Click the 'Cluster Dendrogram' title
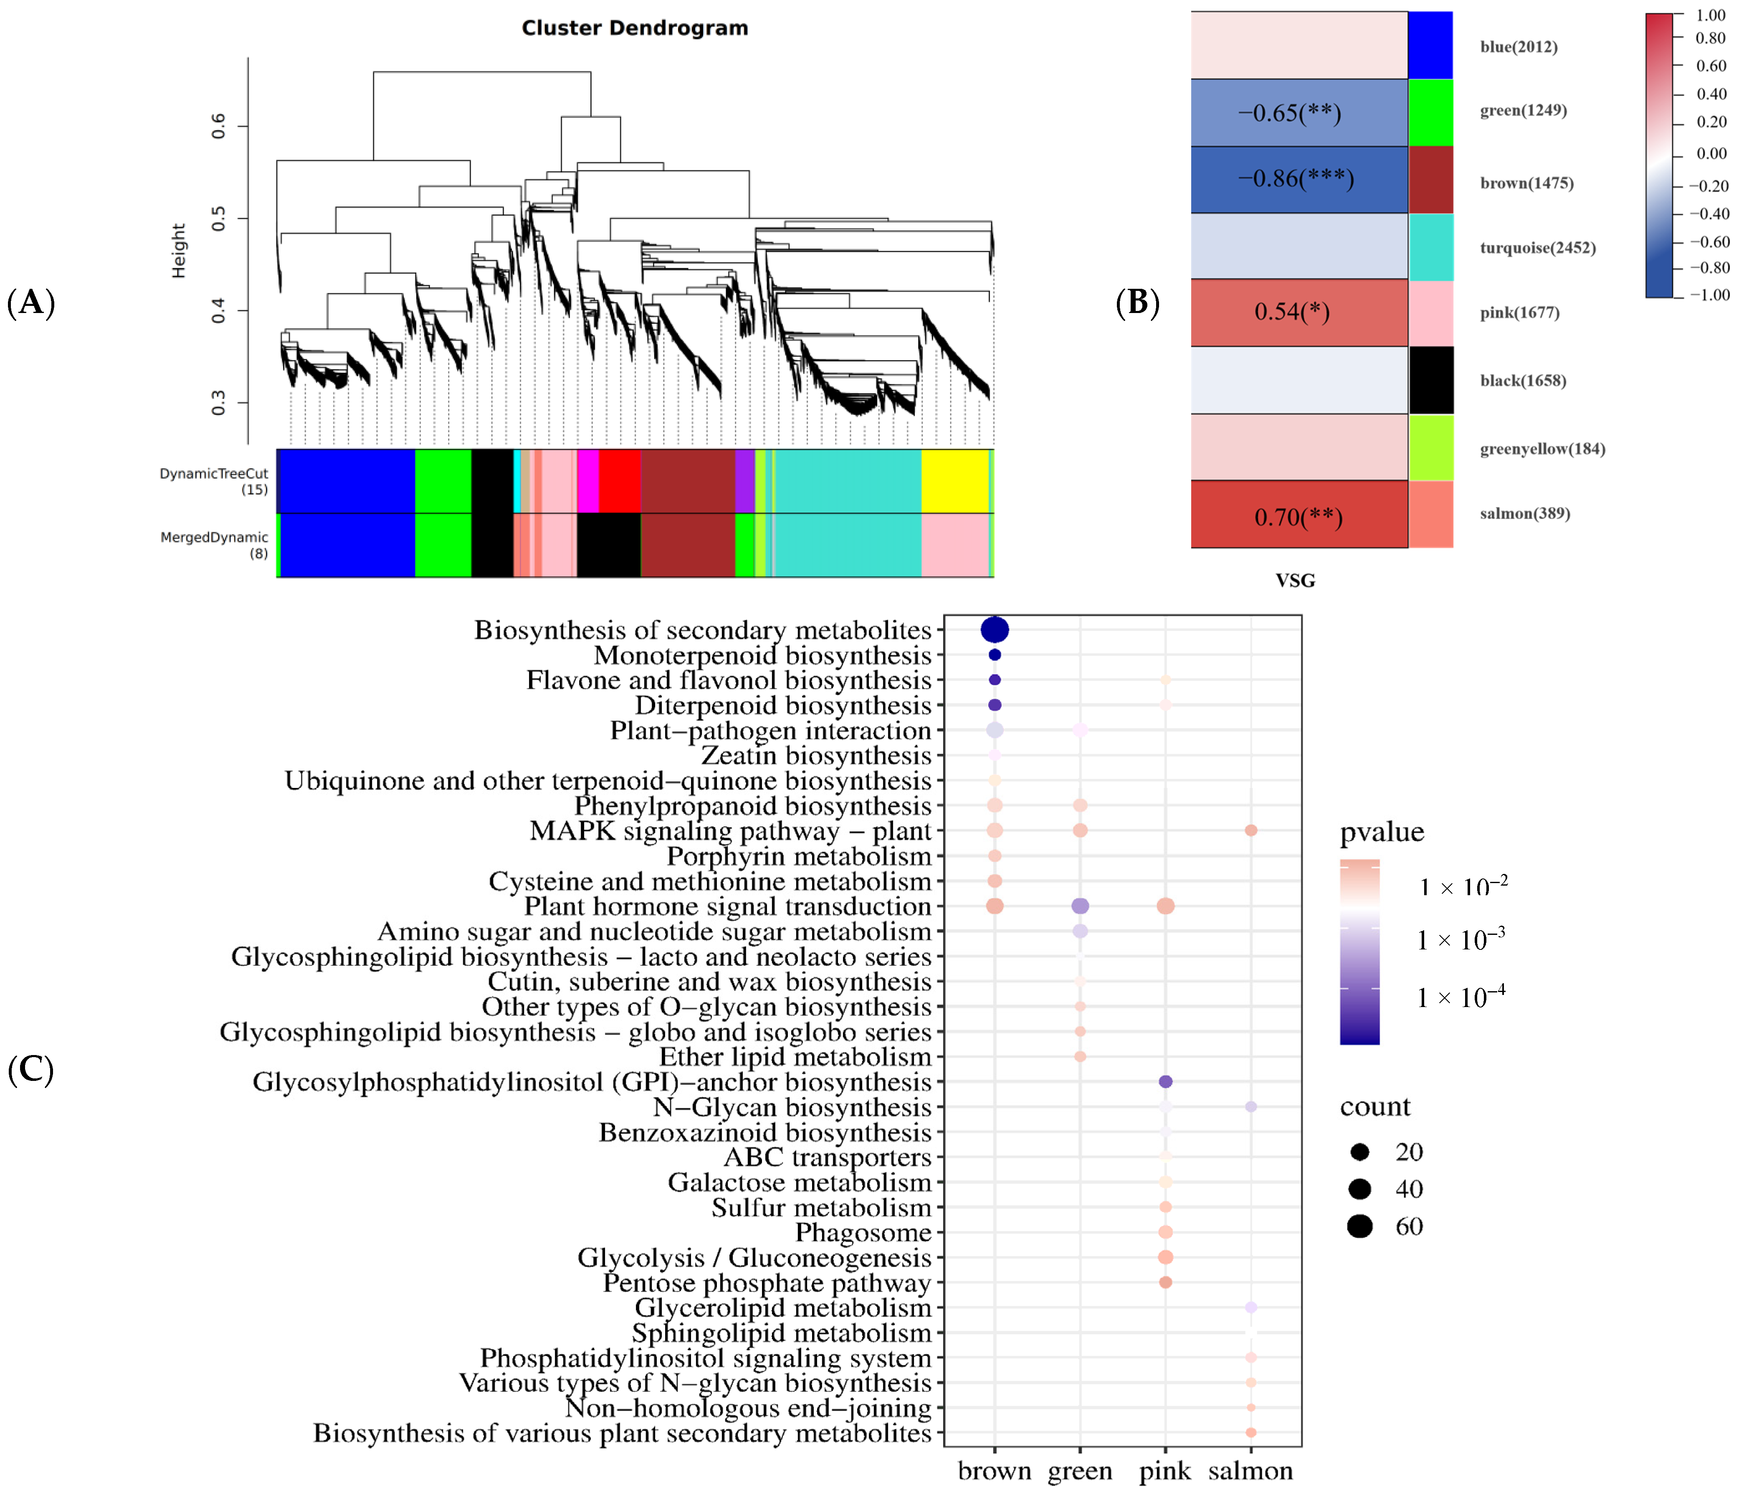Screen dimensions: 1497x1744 [x=635, y=28]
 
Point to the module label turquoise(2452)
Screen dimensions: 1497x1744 [x=1537, y=247]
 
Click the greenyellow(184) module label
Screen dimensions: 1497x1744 [x=1542, y=449]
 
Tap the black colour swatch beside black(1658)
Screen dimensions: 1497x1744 [x=1431, y=380]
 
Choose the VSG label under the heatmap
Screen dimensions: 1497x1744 [x=1294, y=580]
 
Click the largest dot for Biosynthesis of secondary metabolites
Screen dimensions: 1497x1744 [x=995, y=629]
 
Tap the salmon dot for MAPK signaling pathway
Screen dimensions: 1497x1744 [x=1251, y=831]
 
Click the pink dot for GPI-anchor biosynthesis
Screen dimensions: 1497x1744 [x=1166, y=1081]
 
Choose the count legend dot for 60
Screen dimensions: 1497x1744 [x=1359, y=1226]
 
